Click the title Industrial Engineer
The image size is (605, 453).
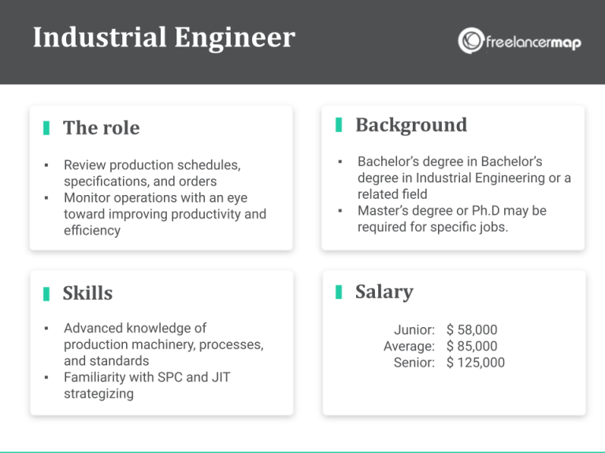pos(164,38)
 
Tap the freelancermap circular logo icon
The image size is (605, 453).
pos(471,41)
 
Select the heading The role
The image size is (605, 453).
pos(101,127)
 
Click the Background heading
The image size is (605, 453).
pos(410,125)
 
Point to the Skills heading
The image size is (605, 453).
pos(87,293)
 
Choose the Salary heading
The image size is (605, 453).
pos(384,292)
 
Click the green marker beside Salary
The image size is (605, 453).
pos(339,292)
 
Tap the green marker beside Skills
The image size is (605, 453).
pos(46,293)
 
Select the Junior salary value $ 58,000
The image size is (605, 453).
pos(472,330)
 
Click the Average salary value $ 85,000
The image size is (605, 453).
pos(472,346)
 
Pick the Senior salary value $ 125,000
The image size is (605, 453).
pos(475,363)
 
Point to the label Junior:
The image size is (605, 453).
pos(414,330)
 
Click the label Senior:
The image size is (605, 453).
pos(414,363)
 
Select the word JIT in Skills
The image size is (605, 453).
pos(219,377)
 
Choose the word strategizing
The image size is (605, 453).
pos(98,394)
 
